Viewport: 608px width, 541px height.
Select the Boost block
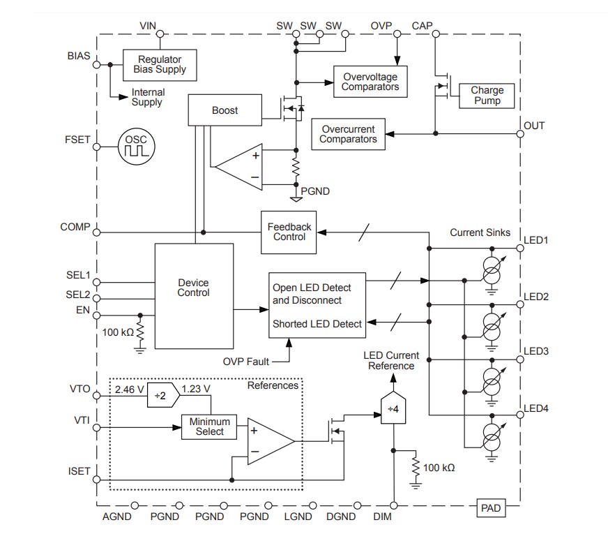tap(225, 110)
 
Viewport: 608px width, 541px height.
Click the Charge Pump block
tap(487, 96)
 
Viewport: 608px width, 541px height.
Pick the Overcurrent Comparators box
tap(348, 134)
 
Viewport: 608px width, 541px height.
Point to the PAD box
tap(491, 507)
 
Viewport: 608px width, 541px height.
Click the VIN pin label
tap(148, 26)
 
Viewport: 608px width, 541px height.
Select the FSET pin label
tap(77, 139)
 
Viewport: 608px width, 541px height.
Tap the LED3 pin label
tap(536, 350)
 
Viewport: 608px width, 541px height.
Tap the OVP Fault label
tap(246, 361)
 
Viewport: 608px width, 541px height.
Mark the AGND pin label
tap(116, 517)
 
